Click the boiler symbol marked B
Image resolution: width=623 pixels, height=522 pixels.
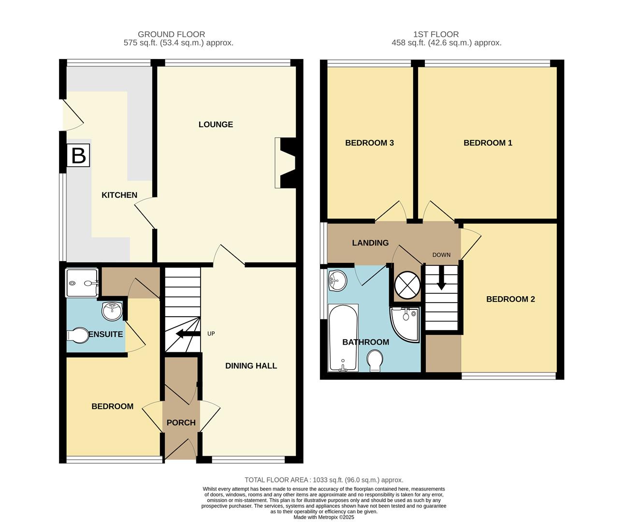coord(78,156)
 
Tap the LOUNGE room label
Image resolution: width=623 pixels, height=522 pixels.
coord(216,124)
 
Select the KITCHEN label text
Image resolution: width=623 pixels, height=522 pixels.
coord(119,195)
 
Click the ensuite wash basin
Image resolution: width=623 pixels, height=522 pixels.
coord(112,310)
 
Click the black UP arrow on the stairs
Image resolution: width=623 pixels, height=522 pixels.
coord(188,334)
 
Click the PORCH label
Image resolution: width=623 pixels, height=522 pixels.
coord(181,422)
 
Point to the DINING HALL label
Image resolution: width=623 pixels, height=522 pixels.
coord(251,365)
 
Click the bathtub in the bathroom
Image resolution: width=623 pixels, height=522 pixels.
coord(343,338)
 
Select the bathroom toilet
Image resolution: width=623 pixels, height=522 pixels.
coord(375,361)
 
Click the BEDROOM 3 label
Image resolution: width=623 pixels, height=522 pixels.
coord(369,143)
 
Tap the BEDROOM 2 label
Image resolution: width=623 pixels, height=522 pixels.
coord(510,299)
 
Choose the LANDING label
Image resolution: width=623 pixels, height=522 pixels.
coord(370,243)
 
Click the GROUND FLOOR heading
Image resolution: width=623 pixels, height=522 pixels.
coord(171,34)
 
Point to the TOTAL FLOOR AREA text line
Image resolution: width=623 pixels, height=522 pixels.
coord(323,480)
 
